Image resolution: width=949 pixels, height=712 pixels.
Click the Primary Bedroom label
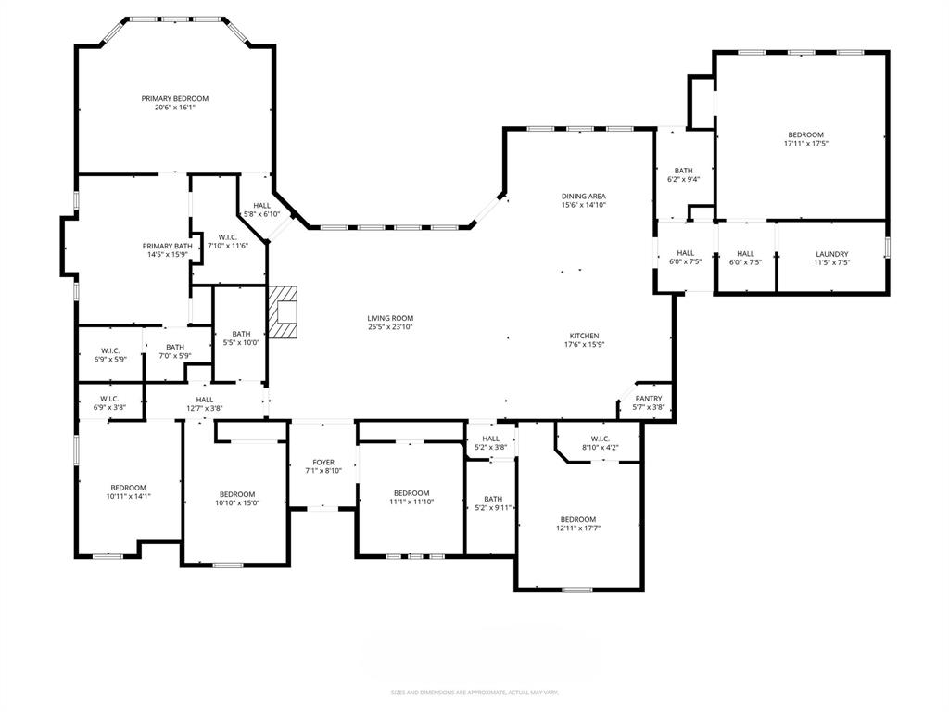174,98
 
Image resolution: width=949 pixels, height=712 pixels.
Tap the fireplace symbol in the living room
285,314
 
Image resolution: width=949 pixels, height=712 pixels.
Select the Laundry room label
831,254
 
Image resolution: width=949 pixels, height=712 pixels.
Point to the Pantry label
649,399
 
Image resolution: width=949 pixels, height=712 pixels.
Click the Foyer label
323,462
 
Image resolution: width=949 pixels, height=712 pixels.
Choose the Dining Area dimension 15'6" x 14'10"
583,205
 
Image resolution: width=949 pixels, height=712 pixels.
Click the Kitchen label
584,336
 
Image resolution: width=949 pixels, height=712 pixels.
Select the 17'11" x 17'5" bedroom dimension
805,144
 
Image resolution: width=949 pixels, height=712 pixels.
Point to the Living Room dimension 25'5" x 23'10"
389,326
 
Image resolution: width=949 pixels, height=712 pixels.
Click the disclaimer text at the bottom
474,693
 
